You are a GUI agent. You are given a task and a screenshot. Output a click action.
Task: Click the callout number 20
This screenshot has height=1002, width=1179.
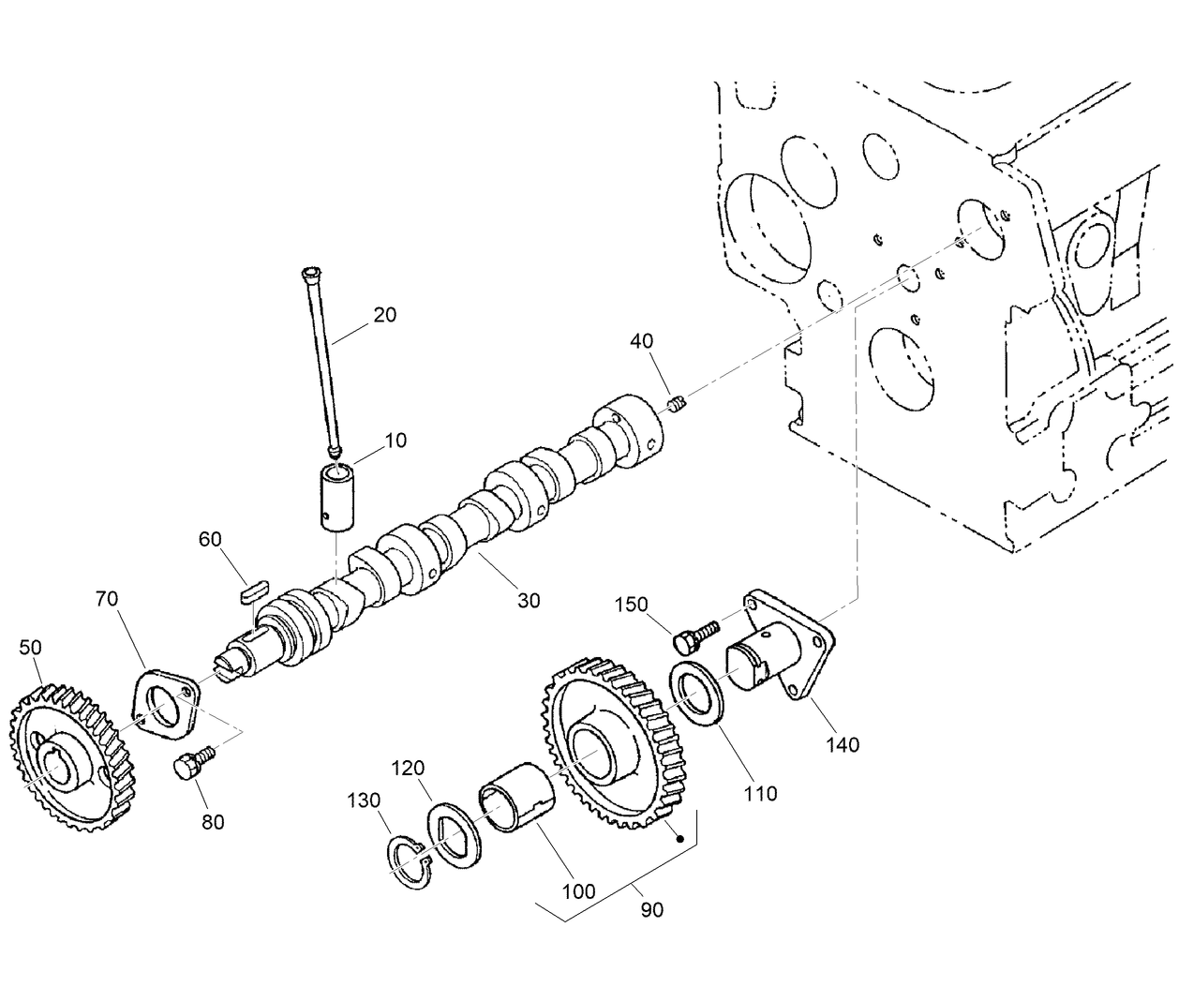pyautogui.click(x=384, y=315)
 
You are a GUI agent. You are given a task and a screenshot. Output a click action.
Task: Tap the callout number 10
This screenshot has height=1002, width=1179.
pyautogui.click(x=395, y=440)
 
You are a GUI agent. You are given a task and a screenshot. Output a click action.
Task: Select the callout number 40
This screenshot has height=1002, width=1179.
pyautogui.click(x=642, y=340)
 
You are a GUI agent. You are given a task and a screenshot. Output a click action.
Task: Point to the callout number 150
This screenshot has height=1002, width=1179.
pyautogui.click(x=631, y=605)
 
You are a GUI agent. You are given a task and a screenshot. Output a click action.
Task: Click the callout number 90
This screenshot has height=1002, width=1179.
pyautogui.click(x=652, y=908)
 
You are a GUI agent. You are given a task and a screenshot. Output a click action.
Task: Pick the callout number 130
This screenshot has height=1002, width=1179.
pyautogui.click(x=365, y=800)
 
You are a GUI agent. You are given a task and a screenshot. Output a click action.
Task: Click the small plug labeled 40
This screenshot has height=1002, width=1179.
pyautogui.click(x=679, y=405)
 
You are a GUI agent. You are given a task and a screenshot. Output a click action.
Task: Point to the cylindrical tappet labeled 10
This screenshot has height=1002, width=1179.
pyautogui.click(x=337, y=495)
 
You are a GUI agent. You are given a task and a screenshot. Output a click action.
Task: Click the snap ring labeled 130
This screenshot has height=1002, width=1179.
pyautogui.click(x=410, y=859)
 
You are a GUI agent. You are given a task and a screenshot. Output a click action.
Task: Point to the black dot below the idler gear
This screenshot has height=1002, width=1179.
pyautogui.click(x=683, y=840)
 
